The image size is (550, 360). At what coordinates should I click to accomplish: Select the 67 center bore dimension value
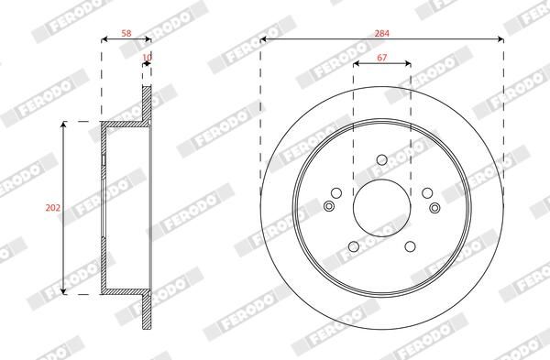click(380, 60)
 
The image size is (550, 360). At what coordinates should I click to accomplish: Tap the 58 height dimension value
click(126, 34)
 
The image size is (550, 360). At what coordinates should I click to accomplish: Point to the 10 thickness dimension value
click(147, 59)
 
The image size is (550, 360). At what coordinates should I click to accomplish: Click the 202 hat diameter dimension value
click(52, 208)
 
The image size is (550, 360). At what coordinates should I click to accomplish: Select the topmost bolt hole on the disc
click(381, 163)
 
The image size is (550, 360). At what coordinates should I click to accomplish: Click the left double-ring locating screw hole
click(330, 205)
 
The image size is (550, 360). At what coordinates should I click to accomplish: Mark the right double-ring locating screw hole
click(433, 205)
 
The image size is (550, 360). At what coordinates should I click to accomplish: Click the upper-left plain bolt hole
click(336, 192)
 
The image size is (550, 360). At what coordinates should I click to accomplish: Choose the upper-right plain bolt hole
click(426, 192)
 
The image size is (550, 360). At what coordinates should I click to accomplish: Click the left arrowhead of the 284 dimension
click(264, 39)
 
